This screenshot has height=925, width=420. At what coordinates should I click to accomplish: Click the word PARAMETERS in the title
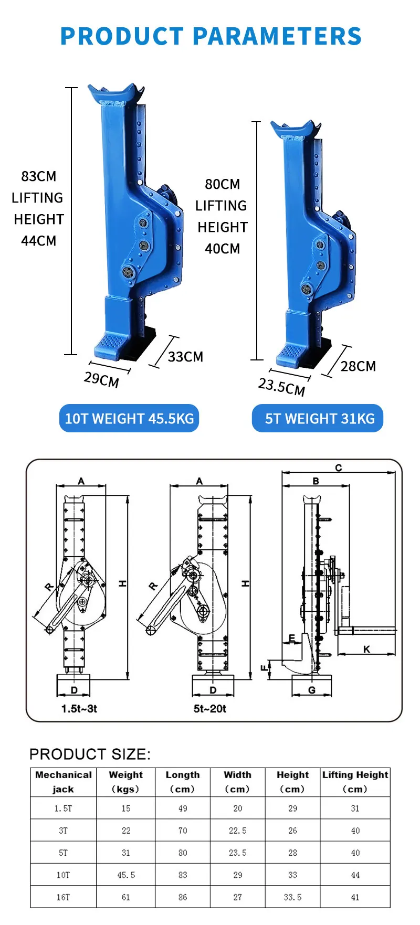point(277,36)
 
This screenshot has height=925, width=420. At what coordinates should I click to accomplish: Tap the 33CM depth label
point(185,357)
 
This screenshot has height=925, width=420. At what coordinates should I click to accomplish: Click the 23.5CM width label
point(281,387)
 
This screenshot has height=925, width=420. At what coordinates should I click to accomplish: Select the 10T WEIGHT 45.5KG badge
point(129,419)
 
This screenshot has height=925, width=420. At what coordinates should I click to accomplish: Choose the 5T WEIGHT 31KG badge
point(318,419)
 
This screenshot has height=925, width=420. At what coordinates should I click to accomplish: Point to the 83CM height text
point(38,176)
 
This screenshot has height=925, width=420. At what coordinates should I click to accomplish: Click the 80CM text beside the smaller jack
point(222,184)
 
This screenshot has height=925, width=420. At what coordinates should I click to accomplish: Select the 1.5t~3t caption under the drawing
point(79,708)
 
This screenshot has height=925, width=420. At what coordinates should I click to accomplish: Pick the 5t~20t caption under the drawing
point(209,708)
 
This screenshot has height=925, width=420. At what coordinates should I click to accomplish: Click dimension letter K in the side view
point(366,649)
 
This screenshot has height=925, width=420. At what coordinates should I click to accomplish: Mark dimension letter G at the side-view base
point(312,690)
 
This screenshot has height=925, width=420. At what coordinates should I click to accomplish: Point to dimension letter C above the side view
point(339,467)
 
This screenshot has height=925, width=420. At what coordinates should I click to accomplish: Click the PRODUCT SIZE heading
point(90,754)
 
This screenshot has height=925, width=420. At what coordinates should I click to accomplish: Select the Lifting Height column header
point(355,781)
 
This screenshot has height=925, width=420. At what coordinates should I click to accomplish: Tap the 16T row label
point(63,897)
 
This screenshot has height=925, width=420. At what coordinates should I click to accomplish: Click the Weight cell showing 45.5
point(126,875)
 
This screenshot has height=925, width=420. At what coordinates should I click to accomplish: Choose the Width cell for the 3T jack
point(237,831)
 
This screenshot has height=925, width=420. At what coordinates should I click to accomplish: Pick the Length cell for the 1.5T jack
point(182,809)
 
